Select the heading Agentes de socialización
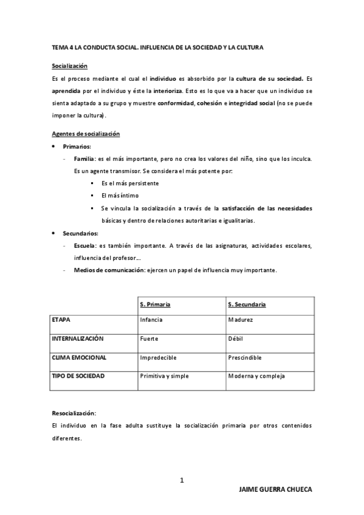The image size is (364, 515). pos(85,134)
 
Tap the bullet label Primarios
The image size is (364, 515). pos(77,146)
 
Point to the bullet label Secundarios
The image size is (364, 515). pos(81,233)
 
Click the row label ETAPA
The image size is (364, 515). pos(62,319)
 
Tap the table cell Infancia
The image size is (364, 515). pos(151,319)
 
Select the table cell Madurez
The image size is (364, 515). pos(241,319)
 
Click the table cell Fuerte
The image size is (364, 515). pos(149,338)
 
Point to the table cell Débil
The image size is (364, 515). pos(236,338)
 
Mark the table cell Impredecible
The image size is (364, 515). pos(158,357)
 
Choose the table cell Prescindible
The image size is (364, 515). pos(245,357)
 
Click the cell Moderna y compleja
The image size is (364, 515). pos(256,376)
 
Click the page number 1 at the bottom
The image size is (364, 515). pos(182,480)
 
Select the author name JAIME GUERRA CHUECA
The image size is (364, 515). pos(275,489)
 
